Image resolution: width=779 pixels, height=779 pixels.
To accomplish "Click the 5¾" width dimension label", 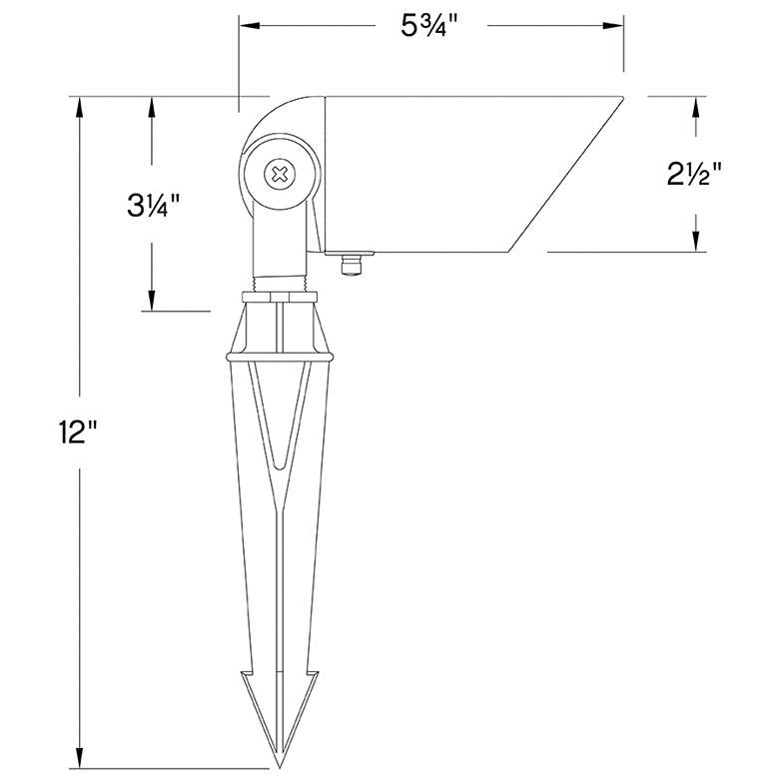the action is coord(428,26).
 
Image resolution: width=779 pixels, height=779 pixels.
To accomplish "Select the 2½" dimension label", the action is coord(694,175).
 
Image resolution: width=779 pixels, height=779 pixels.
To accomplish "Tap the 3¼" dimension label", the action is coord(154,206).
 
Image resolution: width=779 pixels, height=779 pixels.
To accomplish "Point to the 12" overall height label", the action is coord(77,431).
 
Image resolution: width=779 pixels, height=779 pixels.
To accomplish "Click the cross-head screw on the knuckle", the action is coord(281,174).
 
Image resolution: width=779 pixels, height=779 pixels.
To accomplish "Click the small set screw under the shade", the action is coord(351,266).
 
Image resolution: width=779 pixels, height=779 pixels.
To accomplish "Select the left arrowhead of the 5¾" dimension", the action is coord(250,25).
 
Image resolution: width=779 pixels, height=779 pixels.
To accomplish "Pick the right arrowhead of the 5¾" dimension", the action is coord(613,25).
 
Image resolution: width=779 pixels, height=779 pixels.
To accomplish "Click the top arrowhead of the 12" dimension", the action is coord(80,107).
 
